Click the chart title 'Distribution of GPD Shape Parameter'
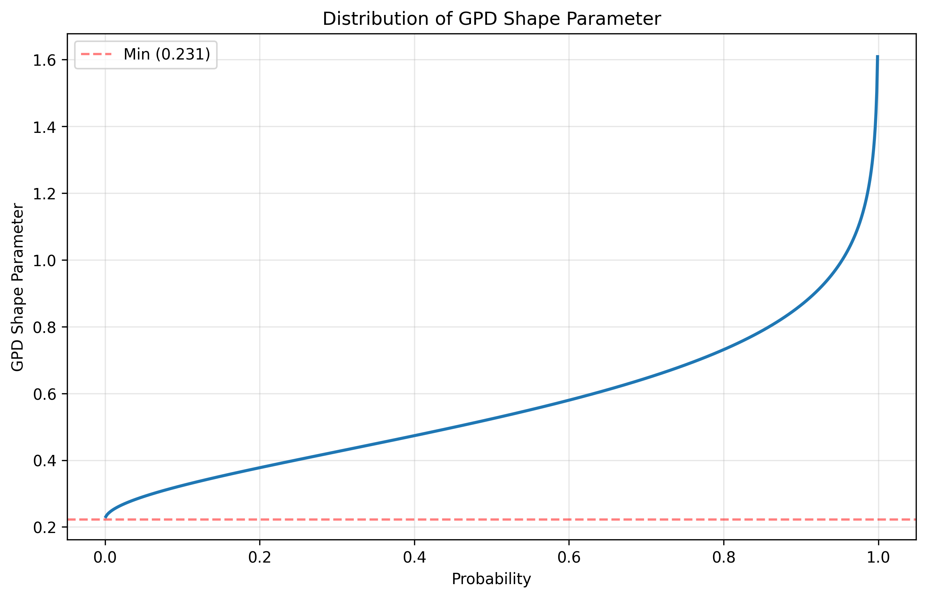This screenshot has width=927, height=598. [x=491, y=19]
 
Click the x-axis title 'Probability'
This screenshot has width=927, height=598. [x=491, y=579]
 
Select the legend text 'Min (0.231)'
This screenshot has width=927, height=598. [x=166, y=54]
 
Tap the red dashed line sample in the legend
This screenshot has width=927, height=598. [x=96, y=54]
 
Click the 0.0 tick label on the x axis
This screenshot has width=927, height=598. [x=105, y=557]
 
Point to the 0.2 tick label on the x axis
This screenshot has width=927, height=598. [x=260, y=557]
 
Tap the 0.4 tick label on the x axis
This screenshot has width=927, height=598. [x=414, y=557]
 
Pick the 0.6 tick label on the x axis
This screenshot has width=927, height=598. [x=569, y=557]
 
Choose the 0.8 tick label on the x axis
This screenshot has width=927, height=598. [x=724, y=557]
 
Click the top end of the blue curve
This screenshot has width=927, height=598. [x=877, y=56]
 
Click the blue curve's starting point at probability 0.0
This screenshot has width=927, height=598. [x=105, y=517]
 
